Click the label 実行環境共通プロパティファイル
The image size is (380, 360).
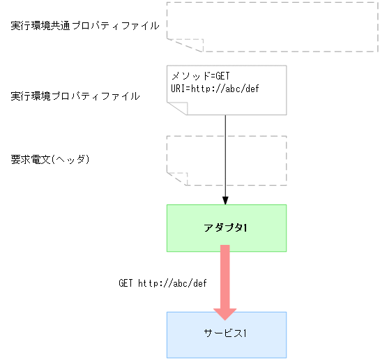click(x=85, y=26)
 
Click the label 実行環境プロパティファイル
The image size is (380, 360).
click(x=75, y=96)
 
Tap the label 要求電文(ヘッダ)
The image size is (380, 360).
click(x=51, y=159)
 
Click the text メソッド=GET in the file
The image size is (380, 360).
click(x=200, y=76)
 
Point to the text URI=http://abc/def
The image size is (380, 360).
click(x=215, y=89)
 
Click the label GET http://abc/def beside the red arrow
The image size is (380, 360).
click(x=162, y=283)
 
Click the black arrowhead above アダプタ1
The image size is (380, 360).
click(x=225, y=200)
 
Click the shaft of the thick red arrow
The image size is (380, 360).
click(x=225, y=276)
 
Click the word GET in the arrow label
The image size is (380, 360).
click(x=126, y=283)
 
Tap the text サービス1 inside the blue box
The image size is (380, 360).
click(x=227, y=334)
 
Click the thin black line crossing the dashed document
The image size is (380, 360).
click(x=225, y=160)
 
